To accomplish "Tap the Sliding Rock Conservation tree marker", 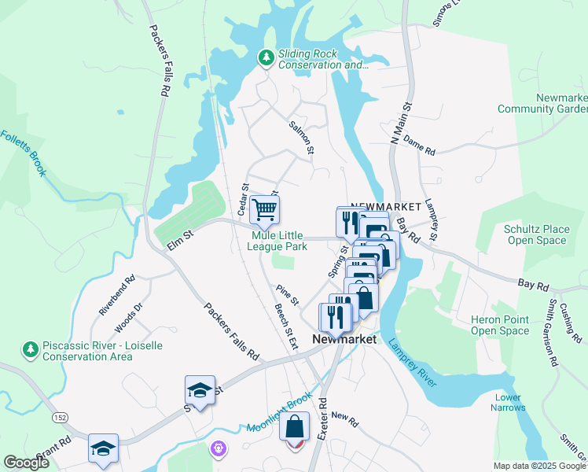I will pyautogui.click(x=266, y=57).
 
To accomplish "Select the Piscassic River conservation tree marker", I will pyautogui.click(x=30, y=348).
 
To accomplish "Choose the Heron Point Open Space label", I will pyautogui.click(x=501, y=325).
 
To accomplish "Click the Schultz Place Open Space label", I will pyautogui.click(x=535, y=234).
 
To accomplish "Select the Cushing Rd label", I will pyautogui.click(x=572, y=325).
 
